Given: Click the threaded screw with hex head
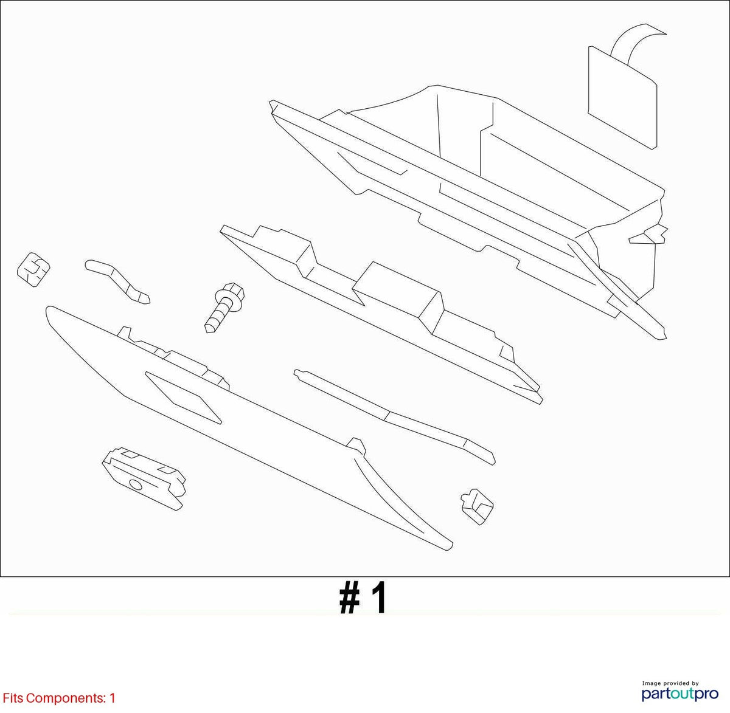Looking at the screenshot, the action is pos(224,308).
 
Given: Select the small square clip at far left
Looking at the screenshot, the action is pos(33,269).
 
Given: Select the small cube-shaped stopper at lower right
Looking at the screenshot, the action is pos(477,506).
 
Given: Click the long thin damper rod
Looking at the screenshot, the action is pos(394,416).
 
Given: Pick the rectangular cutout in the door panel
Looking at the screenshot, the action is pos(182,398).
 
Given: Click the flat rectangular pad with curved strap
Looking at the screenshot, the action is pos(622,97).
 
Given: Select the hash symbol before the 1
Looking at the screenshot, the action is pos(350,599).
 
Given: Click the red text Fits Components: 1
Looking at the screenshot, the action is pos(59,698).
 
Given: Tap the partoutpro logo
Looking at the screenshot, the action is pos(680,693).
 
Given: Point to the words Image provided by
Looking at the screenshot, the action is pos(670,683).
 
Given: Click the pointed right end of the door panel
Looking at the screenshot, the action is pos(448,548).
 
